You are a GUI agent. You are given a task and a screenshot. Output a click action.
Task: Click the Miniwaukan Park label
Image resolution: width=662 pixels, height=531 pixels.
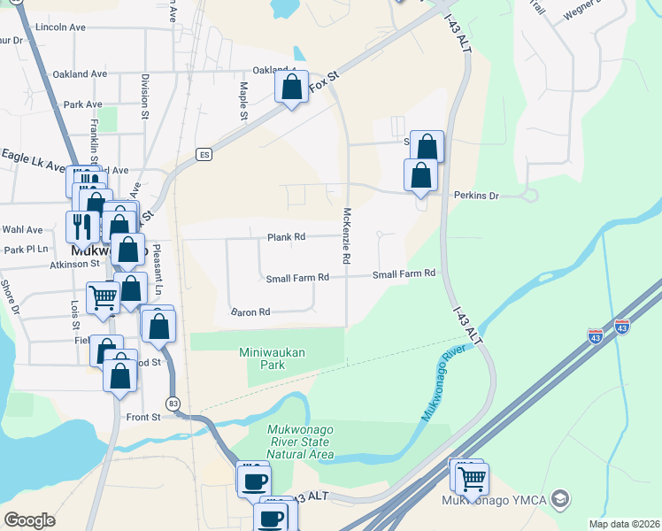pos(273,358)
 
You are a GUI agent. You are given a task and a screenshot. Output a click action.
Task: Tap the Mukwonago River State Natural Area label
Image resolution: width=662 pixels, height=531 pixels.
pos(300,442)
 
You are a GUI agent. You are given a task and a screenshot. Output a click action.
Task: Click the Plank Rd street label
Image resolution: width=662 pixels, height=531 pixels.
pos(286,237)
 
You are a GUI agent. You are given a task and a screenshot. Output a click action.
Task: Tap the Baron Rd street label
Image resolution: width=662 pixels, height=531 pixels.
pos(250,312)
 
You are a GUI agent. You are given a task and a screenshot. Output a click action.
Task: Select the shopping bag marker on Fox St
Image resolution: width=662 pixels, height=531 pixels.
pos(291,88)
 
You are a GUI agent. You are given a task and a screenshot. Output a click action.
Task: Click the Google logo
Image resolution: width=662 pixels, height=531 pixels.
pos(29,520)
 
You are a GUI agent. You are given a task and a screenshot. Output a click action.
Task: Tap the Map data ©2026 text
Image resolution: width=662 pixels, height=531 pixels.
pos(624,524)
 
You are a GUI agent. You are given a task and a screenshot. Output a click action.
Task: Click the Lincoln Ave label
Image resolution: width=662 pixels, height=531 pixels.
pos(60,27)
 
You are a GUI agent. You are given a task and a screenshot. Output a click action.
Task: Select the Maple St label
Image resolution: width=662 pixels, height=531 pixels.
pos(243,101)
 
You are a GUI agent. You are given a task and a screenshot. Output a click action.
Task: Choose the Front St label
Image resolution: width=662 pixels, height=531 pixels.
pos(143,417)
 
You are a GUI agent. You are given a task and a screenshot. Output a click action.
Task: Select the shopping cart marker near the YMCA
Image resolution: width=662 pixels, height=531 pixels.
pos(473,479)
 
